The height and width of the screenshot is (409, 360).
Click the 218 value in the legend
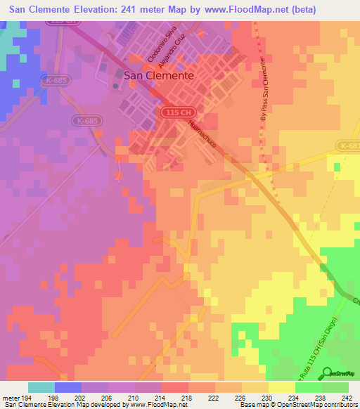tap(186, 398)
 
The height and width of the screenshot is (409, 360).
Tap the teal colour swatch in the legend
tap(41, 387)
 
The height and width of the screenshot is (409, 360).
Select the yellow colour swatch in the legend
tap(282, 387)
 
